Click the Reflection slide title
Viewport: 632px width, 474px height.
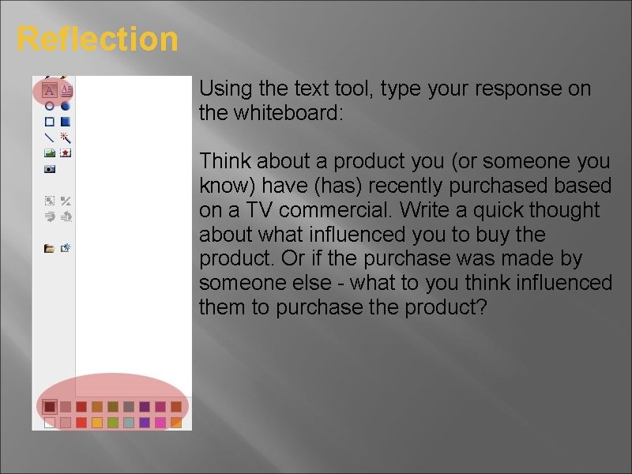coord(97,39)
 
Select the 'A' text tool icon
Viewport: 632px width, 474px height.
coord(50,90)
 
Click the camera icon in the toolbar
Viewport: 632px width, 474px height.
coord(49,169)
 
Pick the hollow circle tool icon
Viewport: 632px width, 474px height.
coord(49,106)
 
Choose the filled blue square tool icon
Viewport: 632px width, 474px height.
coord(66,122)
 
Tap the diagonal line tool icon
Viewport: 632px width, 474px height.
coord(49,137)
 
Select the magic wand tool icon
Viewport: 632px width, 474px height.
coord(66,137)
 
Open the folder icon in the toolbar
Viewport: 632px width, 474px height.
coord(49,248)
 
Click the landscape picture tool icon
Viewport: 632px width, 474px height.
coord(49,152)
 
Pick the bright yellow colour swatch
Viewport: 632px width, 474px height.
coord(96,423)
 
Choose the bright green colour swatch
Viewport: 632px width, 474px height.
coord(112,423)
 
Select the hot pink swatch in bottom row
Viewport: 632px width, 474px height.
coord(160,423)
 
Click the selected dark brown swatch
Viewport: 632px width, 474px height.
coord(50,407)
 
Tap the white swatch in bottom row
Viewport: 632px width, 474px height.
coord(50,423)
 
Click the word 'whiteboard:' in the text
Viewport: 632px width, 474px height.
coord(288,114)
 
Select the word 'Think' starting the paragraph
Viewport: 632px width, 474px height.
coord(223,162)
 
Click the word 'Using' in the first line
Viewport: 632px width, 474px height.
coord(224,89)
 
